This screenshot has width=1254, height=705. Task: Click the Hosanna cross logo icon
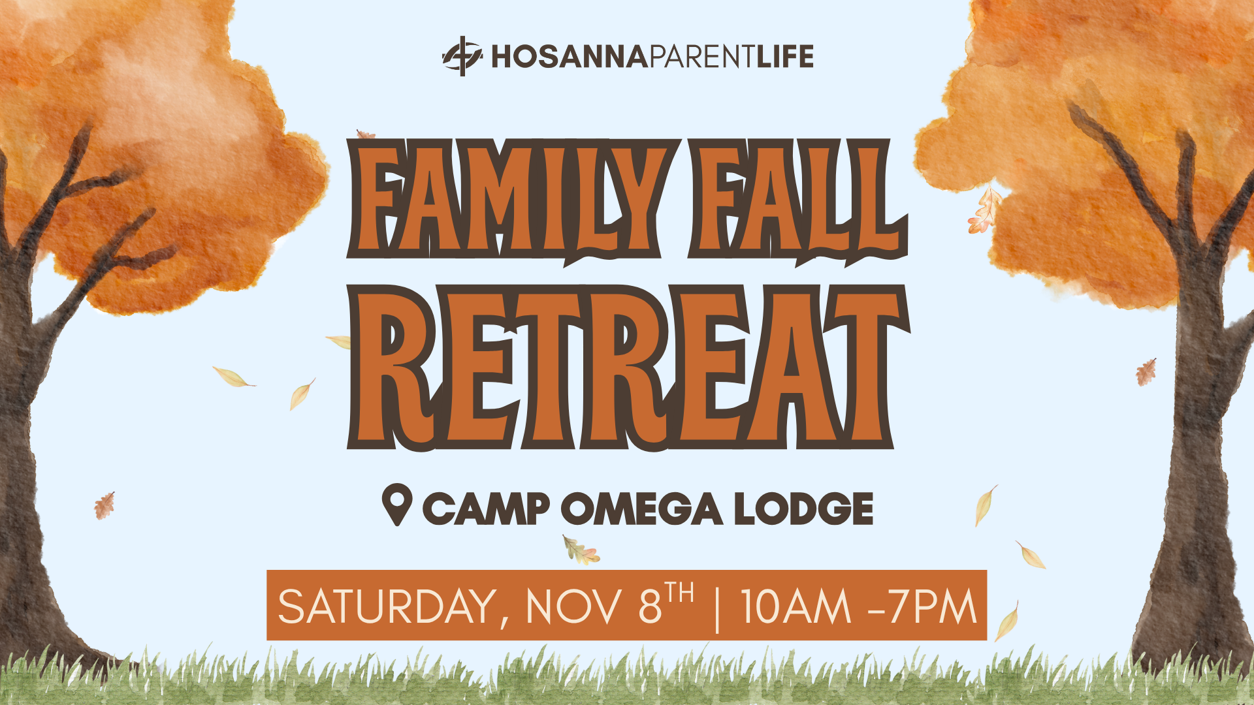pyautogui.click(x=462, y=56)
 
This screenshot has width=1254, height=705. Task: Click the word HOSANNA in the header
pyautogui.click(x=569, y=57)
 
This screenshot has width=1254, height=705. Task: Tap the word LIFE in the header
pyautogui.click(x=786, y=57)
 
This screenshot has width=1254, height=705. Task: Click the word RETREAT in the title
pyautogui.click(x=628, y=368)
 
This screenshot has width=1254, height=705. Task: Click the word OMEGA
pyautogui.click(x=642, y=509)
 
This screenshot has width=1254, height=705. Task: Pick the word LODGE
pyautogui.click(x=804, y=509)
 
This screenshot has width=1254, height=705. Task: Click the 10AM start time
pyautogui.click(x=796, y=606)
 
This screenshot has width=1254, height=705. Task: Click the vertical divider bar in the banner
pyautogui.click(x=717, y=607)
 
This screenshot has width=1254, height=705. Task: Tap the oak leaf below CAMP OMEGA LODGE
pyautogui.click(x=581, y=550)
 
